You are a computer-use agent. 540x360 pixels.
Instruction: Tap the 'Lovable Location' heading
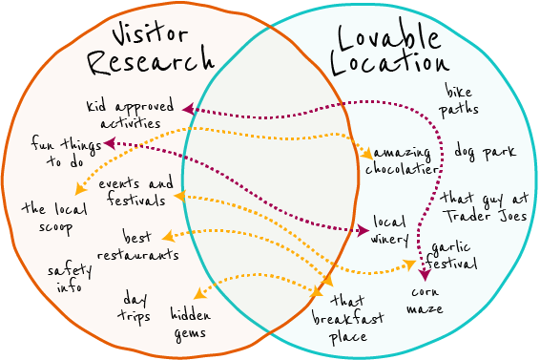point(388,48)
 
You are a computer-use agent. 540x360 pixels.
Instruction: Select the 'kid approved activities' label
point(130,114)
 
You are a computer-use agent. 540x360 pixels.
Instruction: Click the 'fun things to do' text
point(64,152)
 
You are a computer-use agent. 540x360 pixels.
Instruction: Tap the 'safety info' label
point(70,278)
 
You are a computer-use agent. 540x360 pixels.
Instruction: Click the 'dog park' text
point(485,151)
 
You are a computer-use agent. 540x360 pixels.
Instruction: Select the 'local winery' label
point(389,229)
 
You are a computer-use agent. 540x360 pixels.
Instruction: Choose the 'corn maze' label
point(425,301)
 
